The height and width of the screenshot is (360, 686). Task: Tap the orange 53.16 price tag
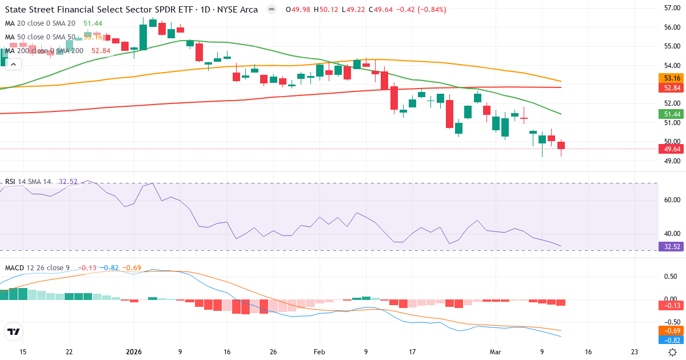point(672,78)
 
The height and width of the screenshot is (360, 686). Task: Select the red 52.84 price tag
point(672,88)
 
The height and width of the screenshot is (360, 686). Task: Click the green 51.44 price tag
point(672,114)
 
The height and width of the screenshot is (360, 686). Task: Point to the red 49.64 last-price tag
point(672,149)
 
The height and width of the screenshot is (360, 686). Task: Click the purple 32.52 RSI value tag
point(672,247)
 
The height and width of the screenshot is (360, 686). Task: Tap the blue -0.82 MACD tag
point(672,340)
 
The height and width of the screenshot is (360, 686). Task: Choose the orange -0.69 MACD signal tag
point(672,331)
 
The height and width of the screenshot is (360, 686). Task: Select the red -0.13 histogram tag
point(672,305)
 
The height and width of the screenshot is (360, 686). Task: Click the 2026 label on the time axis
point(134,352)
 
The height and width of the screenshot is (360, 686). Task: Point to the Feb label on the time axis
point(318,352)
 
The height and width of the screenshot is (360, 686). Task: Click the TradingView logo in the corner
point(14,331)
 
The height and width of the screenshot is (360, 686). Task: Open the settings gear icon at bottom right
point(673,352)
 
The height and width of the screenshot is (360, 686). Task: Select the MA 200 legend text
point(44,50)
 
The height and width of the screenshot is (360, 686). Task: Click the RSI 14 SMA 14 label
point(28,182)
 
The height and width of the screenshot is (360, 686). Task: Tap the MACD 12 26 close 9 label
point(37,267)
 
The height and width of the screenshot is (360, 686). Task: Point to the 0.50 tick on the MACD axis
point(670,276)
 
